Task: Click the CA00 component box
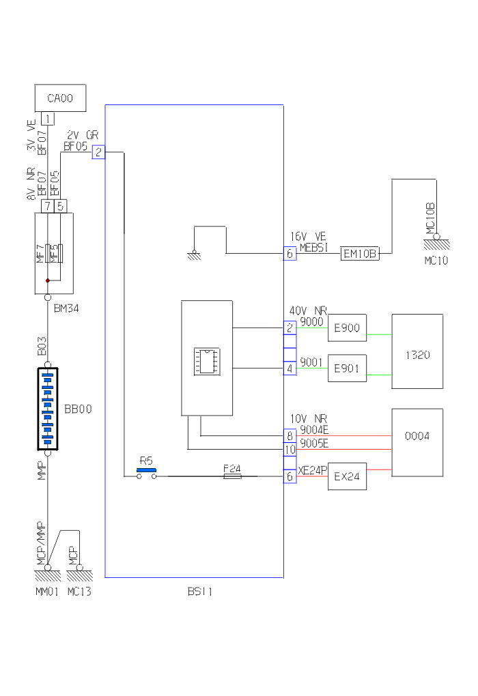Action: [x=60, y=98]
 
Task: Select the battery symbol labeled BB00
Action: [x=48, y=409]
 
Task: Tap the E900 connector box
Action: [x=347, y=328]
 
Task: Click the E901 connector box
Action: [x=347, y=369]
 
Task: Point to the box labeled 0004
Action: [x=417, y=435]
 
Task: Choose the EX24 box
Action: [x=347, y=476]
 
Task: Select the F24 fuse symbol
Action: [x=232, y=476]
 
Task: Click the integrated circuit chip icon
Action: [x=206, y=360]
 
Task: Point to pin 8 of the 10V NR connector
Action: [x=290, y=435]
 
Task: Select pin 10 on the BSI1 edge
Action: [x=290, y=449]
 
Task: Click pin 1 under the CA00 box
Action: [x=47, y=119]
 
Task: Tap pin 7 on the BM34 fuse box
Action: [x=47, y=205]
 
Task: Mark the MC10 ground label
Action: [x=436, y=261]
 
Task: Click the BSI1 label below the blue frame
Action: [x=199, y=592]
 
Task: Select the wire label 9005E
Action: [x=314, y=444]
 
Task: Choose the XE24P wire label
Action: [x=312, y=470]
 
